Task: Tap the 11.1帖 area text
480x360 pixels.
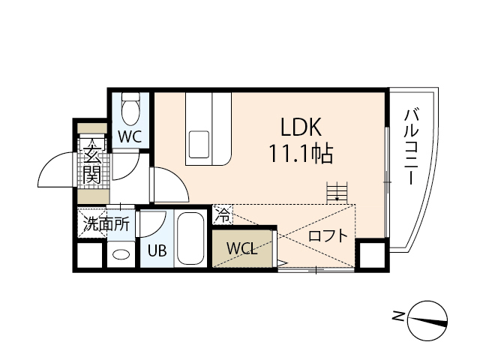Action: coord(301,154)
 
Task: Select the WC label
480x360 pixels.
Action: coord(129,136)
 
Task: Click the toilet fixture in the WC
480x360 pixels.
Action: coord(130,109)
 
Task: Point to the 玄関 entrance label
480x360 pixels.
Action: coord(92,165)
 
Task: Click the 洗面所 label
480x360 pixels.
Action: coord(106,223)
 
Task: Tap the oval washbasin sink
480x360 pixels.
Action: coord(119,254)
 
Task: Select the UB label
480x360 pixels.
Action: coord(156,251)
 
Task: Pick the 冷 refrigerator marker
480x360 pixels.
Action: coord(223,216)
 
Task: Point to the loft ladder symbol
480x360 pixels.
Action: coord(338,191)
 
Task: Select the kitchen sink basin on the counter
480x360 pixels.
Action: coord(199,143)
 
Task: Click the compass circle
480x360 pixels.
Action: coord(430,318)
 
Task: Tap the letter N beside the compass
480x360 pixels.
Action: coord(398,316)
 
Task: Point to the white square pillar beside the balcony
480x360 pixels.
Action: coord(370,256)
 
